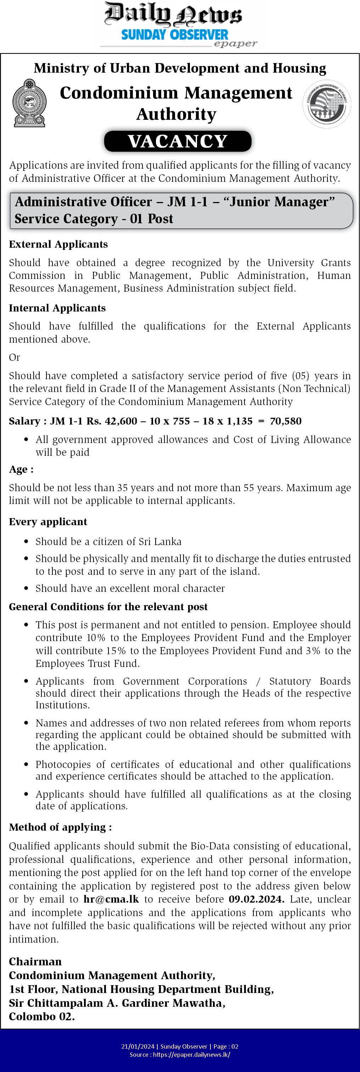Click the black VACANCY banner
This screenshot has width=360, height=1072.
(x=178, y=141)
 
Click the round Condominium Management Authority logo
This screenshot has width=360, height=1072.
(x=327, y=103)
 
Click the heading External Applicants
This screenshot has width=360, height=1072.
(x=58, y=244)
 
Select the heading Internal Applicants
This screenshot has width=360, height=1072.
(x=57, y=308)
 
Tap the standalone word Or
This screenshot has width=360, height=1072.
(x=15, y=358)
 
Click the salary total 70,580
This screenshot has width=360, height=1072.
(x=286, y=421)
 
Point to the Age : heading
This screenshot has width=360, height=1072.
(x=21, y=470)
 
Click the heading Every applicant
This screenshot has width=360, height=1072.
(x=48, y=522)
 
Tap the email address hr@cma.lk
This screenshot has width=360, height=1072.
(x=111, y=899)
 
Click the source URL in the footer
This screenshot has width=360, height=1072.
(x=191, y=1055)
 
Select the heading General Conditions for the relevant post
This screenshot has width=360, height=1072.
(x=108, y=607)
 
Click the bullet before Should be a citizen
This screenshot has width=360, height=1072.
(x=26, y=542)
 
